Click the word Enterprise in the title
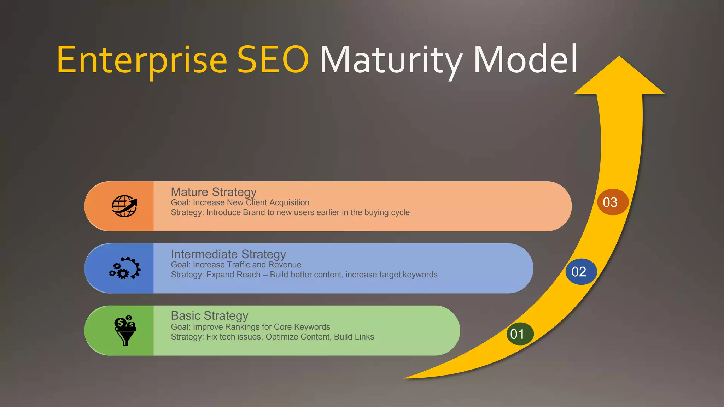(x=141, y=60)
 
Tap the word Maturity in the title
(x=391, y=60)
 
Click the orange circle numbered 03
(x=610, y=202)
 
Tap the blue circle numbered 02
(x=579, y=272)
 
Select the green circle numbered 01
(x=518, y=334)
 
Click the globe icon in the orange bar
(x=124, y=206)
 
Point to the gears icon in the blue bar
(x=125, y=268)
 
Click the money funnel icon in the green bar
(x=125, y=330)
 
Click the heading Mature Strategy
(x=214, y=192)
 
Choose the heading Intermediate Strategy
(x=228, y=254)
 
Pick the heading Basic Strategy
(x=209, y=315)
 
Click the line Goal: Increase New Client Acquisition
(x=240, y=203)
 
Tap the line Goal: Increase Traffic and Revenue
(x=236, y=265)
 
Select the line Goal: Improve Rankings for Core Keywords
(x=250, y=327)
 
